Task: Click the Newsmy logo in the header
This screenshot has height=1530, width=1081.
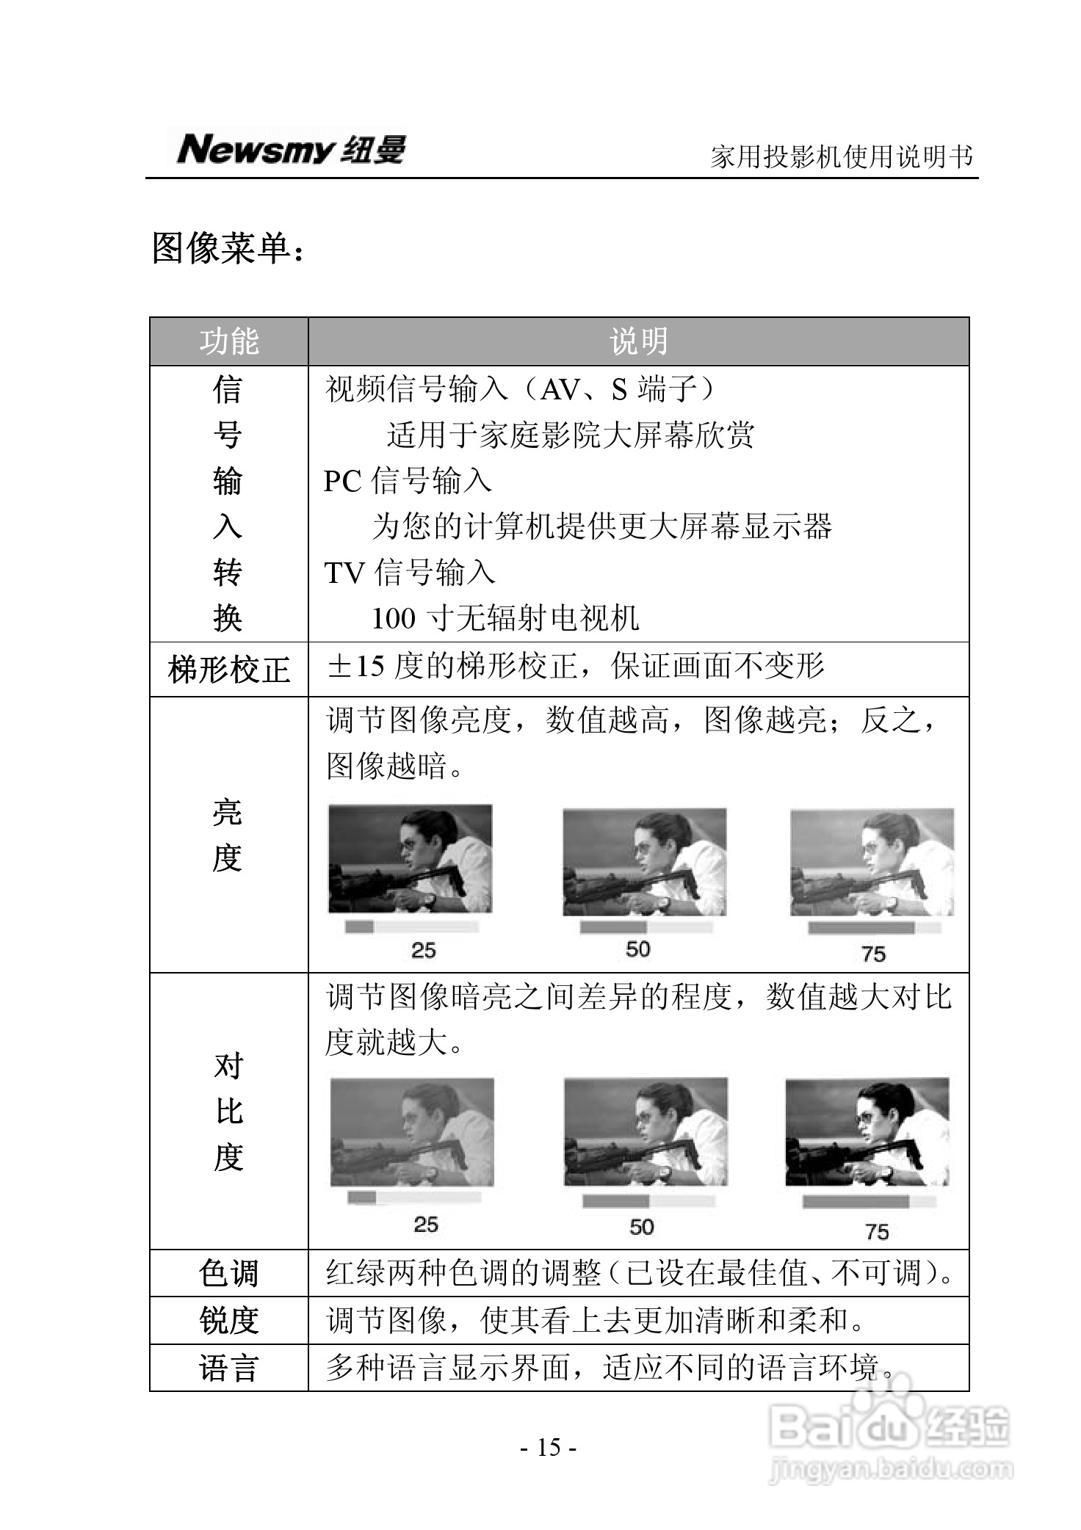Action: [x=291, y=149]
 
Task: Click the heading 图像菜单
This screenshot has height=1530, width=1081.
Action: [x=227, y=248]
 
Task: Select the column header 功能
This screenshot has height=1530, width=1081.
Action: [x=229, y=341]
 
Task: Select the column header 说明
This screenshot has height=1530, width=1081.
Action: [x=638, y=341]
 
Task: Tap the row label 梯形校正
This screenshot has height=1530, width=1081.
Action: [x=229, y=670]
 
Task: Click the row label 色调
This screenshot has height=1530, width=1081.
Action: [x=229, y=1273]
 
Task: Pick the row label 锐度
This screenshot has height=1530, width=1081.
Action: [x=229, y=1321]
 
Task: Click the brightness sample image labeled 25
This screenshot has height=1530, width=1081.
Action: [x=410, y=859]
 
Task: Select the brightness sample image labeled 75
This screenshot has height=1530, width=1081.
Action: [x=872, y=863]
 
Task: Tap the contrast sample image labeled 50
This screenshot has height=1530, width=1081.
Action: [x=646, y=1131]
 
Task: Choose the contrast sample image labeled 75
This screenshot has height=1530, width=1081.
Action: [x=867, y=1131]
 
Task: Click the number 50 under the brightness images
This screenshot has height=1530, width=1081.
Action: [x=637, y=949]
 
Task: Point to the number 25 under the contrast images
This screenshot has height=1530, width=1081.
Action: [x=426, y=1224]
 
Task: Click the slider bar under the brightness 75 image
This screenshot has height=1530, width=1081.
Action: [x=874, y=929]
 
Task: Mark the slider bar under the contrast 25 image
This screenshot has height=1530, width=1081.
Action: [x=413, y=1197]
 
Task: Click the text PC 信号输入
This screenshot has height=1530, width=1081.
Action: [x=408, y=481]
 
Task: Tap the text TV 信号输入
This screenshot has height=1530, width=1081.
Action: [x=410, y=573]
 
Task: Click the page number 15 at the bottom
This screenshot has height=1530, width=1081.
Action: [x=549, y=1447]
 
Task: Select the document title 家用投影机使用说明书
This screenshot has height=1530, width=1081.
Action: [x=842, y=156]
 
